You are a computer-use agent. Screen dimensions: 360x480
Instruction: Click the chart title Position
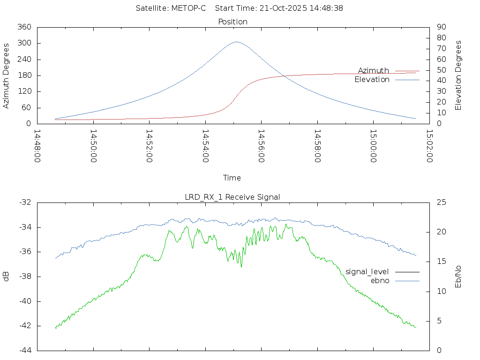click(233, 22)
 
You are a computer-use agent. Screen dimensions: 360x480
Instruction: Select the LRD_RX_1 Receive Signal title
click(232, 197)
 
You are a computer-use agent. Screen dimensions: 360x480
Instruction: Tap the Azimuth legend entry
click(374, 71)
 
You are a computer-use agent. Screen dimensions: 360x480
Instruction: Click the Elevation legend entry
click(372, 80)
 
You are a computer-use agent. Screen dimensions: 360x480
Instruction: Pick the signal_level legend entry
click(367, 272)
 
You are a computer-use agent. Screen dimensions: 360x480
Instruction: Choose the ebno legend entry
click(380, 281)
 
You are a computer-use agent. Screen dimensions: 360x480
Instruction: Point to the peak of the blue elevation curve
click(236, 42)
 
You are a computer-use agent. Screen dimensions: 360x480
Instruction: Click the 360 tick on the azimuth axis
click(24, 27)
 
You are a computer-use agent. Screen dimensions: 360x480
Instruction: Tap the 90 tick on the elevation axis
click(441, 27)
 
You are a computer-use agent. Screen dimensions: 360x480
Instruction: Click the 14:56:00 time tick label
click(261, 146)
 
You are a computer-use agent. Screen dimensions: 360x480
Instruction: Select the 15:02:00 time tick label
click(429, 146)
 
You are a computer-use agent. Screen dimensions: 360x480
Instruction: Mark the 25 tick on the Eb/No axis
click(441, 202)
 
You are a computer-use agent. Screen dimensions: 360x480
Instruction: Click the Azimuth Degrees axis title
click(7, 75)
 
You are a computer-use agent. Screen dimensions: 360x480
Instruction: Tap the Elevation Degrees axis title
click(459, 75)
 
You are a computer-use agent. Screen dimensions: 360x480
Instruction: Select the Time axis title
click(232, 178)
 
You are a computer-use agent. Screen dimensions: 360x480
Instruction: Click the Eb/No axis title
click(459, 276)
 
